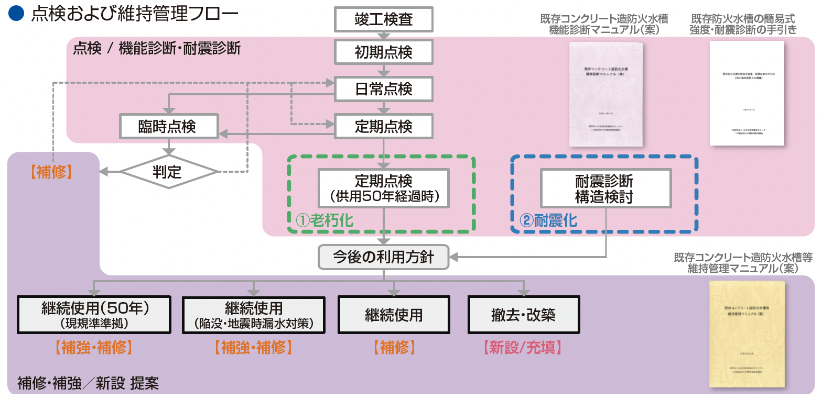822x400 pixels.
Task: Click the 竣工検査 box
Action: coord(384,20)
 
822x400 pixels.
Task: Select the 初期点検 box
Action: coord(384,52)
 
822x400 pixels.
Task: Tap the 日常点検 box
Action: coord(384,89)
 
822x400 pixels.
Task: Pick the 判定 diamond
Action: coord(168,172)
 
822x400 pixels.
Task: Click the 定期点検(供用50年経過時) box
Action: coord(384,188)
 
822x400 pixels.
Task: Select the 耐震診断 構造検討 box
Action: coord(605,188)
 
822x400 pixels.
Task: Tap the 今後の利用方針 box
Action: coord(384,257)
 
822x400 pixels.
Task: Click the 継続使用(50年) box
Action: coord(94,315)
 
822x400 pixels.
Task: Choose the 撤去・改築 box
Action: coord(524,315)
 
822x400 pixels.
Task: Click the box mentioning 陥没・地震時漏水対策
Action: coord(254,315)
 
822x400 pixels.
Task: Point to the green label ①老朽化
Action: coord(323,220)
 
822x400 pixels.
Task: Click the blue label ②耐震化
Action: coord(548,220)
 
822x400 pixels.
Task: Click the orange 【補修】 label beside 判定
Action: coord(51,172)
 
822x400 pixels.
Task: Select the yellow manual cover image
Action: coord(747,334)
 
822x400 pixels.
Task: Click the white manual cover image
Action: coord(747,93)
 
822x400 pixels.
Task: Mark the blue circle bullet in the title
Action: coord(17,14)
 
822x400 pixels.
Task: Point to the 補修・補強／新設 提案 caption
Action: coord(88,383)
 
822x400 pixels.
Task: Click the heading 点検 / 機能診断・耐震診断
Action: coord(157,49)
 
